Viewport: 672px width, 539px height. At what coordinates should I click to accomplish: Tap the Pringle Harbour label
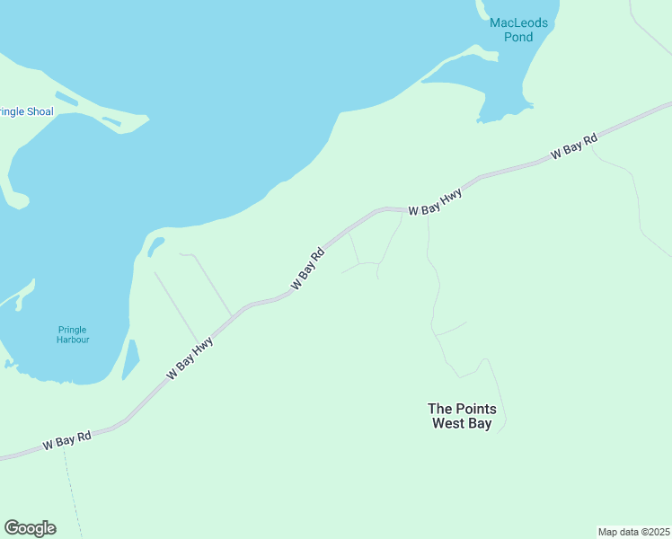tap(73, 334)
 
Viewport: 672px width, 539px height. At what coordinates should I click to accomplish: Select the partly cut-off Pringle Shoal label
tap(26, 112)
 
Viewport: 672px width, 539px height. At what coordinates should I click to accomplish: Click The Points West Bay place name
tap(462, 416)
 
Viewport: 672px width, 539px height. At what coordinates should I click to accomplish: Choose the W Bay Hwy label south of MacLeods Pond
tap(435, 202)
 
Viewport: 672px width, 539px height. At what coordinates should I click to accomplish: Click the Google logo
tap(30, 528)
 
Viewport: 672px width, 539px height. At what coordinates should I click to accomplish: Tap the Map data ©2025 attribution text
tap(633, 532)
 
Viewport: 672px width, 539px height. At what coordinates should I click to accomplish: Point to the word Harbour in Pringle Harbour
tap(73, 340)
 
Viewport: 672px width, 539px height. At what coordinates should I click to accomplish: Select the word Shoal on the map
tap(40, 112)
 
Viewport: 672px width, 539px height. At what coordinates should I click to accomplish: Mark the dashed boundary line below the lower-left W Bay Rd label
tap(73, 494)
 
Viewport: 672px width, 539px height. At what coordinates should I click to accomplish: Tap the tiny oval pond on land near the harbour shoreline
tap(155, 243)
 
